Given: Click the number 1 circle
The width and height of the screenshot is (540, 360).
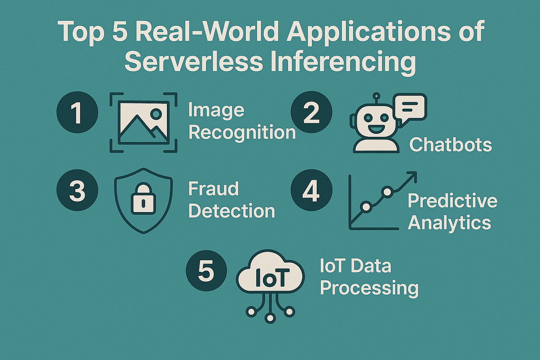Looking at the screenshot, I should click(77, 112).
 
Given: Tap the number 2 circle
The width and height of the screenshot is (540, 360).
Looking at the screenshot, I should click(311, 112).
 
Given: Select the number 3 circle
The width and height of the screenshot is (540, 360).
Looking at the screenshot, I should click(77, 191).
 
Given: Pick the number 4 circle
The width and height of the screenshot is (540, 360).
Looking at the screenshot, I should click(311, 191).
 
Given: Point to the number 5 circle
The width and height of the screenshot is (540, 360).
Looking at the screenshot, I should click(206, 271).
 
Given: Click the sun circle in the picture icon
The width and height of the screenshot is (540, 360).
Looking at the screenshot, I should click(157, 113).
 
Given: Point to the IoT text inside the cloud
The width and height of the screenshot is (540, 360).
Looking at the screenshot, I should click(270, 278).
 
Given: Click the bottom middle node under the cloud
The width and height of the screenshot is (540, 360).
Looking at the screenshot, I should click(270, 317).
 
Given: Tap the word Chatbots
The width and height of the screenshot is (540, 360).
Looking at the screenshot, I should click(451, 145).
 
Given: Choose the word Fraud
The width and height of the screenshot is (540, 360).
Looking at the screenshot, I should click(213, 189).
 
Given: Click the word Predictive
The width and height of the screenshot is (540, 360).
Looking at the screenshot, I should click(452, 201).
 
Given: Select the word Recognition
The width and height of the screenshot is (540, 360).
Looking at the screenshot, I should click(242, 133).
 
